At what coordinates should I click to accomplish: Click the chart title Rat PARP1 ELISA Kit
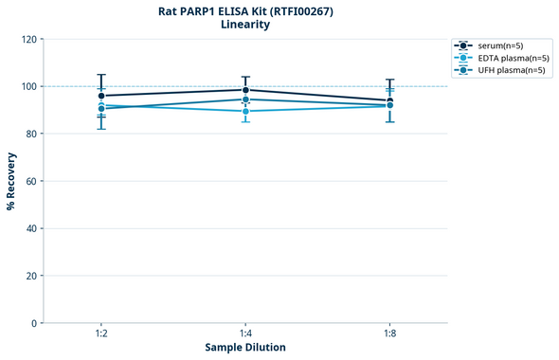pos(244,10)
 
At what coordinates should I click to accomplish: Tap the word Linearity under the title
pos(244,25)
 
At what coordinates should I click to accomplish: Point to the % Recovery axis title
pos(11,181)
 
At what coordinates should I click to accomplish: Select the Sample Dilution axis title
pos(245,348)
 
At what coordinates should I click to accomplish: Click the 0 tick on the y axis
pos(34,323)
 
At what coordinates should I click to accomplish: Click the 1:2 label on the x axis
pos(101,334)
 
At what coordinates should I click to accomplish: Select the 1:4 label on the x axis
pos(245,334)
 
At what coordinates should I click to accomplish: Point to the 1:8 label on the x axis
pos(389,334)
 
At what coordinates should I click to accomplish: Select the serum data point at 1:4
pos(245,90)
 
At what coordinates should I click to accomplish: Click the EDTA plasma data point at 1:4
pos(245,111)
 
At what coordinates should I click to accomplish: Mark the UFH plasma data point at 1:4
pos(245,99)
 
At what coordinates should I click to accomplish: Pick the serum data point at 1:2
pos(101,96)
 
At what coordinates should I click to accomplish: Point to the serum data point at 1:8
pos(389,100)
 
